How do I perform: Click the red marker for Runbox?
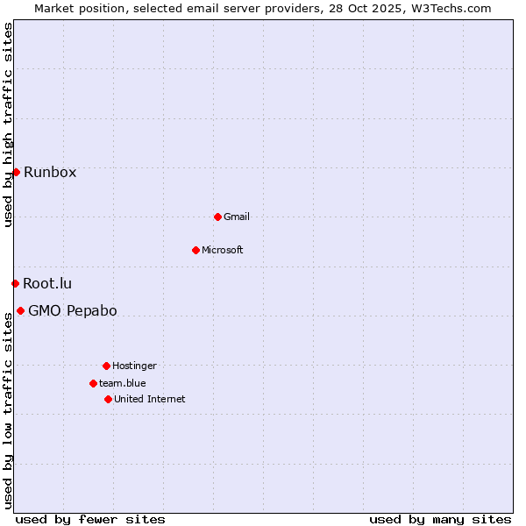(x=16, y=172)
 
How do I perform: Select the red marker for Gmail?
(x=217, y=217)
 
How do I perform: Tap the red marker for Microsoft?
(x=195, y=250)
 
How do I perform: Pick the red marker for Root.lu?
(x=15, y=283)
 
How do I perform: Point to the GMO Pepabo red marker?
(x=20, y=310)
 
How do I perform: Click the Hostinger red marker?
(x=106, y=366)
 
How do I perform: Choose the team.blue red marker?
(x=93, y=383)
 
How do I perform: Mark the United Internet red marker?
(x=108, y=399)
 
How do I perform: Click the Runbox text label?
(x=50, y=172)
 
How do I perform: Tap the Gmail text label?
(x=237, y=217)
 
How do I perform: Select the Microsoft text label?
(x=223, y=250)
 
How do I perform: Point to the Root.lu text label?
(x=47, y=283)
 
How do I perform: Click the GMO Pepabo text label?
(x=73, y=310)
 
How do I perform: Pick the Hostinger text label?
(x=134, y=366)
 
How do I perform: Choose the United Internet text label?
(x=150, y=399)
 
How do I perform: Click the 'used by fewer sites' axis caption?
(x=90, y=519)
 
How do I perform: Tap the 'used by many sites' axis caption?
(x=440, y=519)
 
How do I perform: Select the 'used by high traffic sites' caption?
(x=8, y=124)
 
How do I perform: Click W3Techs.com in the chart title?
(x=451, y=8)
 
